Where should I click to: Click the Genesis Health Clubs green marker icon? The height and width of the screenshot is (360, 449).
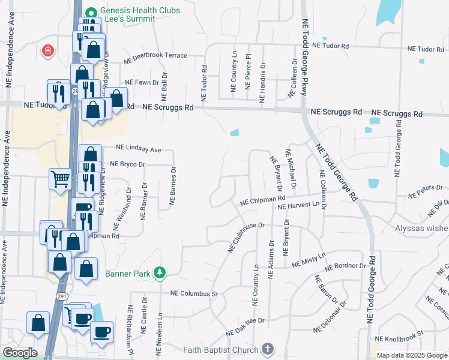[x=91, y=12]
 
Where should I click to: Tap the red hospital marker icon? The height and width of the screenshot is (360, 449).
[x=47, y=51]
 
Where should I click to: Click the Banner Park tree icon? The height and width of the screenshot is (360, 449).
[x=160, y=274]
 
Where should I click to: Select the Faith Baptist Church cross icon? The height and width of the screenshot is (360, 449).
[x=268, y=349]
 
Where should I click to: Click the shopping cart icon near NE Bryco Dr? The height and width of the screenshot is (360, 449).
[x=60, y=178]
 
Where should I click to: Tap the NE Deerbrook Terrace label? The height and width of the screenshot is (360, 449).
[x=155, y=58]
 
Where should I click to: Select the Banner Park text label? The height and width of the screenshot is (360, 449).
[x=127, y=274]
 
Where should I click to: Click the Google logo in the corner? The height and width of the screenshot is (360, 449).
[x=20, y=353]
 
